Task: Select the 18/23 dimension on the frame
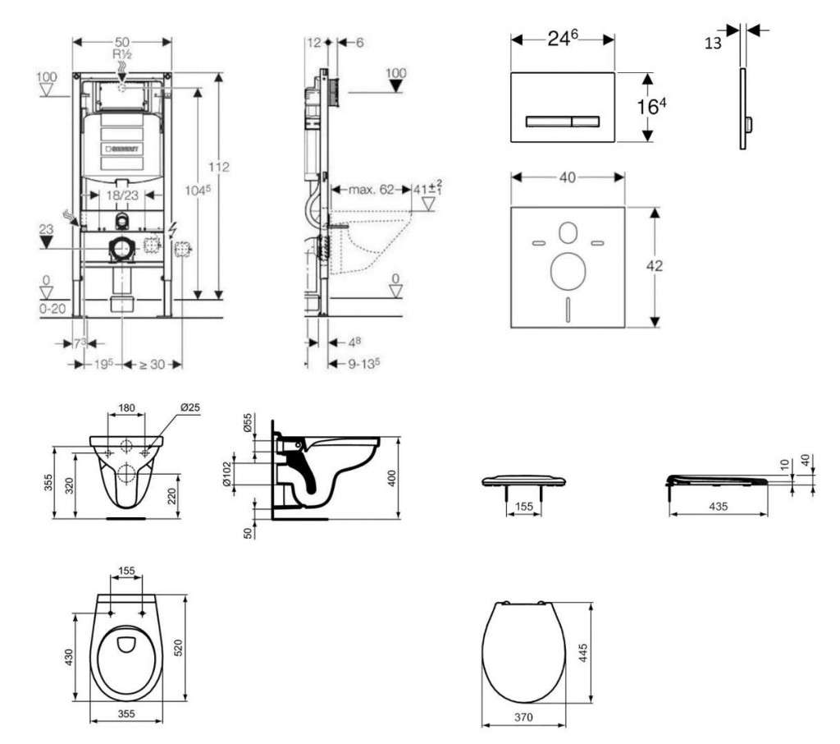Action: (121, 195)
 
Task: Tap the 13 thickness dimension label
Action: (713, 43)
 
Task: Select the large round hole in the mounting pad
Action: (567, 271)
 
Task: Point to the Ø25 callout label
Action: (190, 408)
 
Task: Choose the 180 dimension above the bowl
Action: (126, 408)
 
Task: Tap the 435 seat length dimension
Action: (718, 507)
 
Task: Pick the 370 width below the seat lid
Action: (523, 718)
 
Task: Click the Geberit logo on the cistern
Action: (122, 149)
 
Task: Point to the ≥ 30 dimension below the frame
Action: (151, 364)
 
